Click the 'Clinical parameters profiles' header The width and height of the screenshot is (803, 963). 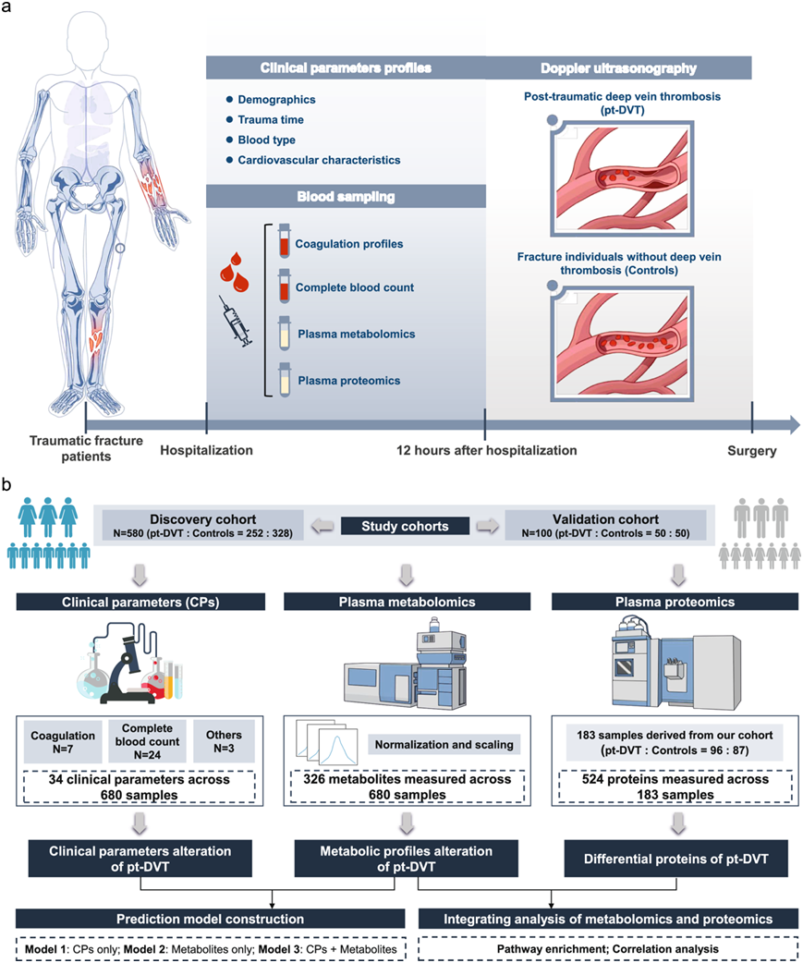tap(344, 67)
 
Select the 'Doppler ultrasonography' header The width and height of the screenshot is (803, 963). tap(618, 67)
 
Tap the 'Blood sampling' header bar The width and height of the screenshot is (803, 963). tap(344, 196)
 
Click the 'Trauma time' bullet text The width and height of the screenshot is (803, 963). tap(271, 120)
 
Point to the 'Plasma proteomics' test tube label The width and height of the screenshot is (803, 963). tap(347, 380)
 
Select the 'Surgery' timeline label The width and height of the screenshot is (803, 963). tap(750, 452)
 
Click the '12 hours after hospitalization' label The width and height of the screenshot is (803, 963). tap(486, 451)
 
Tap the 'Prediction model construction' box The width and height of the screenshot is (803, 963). tap(210, 919)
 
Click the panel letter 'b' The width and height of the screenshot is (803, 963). tap(7, 484)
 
